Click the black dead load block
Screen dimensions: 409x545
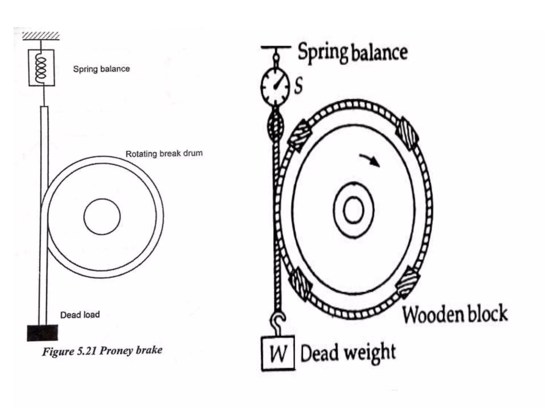[43, 333]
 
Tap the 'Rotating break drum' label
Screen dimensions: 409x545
[164, 154]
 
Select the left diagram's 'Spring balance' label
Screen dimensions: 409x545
[101, 69]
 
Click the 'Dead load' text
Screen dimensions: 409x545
[80, 315]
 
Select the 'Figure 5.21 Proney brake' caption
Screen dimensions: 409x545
[102, 351]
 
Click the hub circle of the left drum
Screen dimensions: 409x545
[102, 216]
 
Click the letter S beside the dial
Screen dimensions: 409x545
[299, 86]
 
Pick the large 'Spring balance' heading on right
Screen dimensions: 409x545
[352, 52]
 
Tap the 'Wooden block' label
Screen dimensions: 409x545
[455, 314]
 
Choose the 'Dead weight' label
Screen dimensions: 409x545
[348, 353]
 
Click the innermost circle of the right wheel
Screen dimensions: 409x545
[353, 210]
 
